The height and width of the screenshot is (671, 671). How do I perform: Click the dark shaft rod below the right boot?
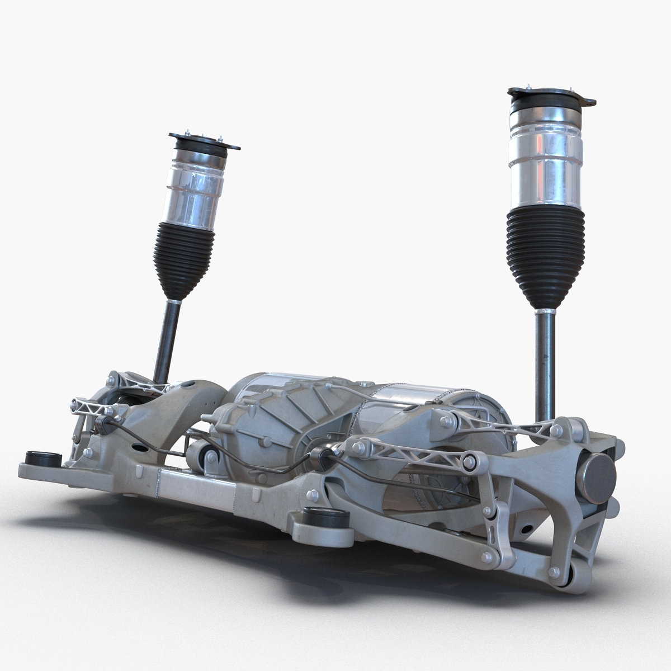click(x=544, y=363)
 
